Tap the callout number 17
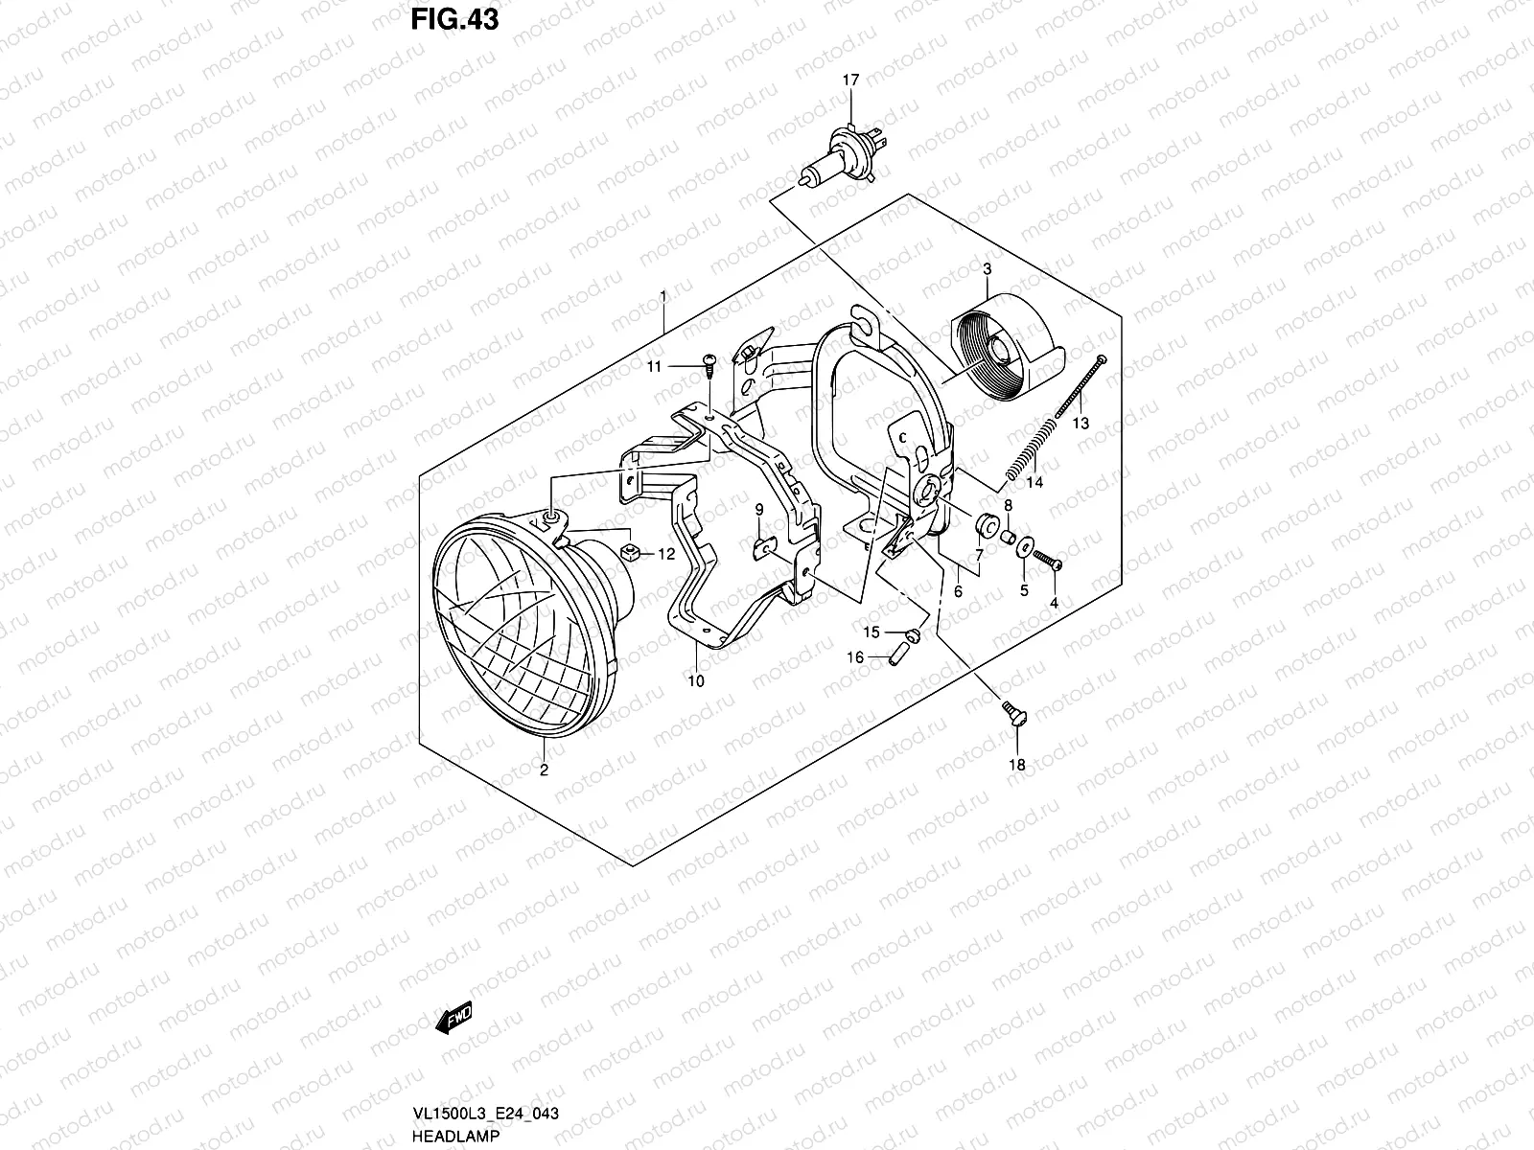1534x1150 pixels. tap(850, 81)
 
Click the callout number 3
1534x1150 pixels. tap(987, 270)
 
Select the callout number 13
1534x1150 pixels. tap(1081, 423)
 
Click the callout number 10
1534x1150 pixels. tap(696, 681)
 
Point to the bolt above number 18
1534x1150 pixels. tap(1011, 714)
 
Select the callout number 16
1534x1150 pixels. tap(854, 657)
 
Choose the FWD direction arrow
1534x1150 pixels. tap(455, 1022)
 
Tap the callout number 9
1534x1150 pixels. tap(758, 509)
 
